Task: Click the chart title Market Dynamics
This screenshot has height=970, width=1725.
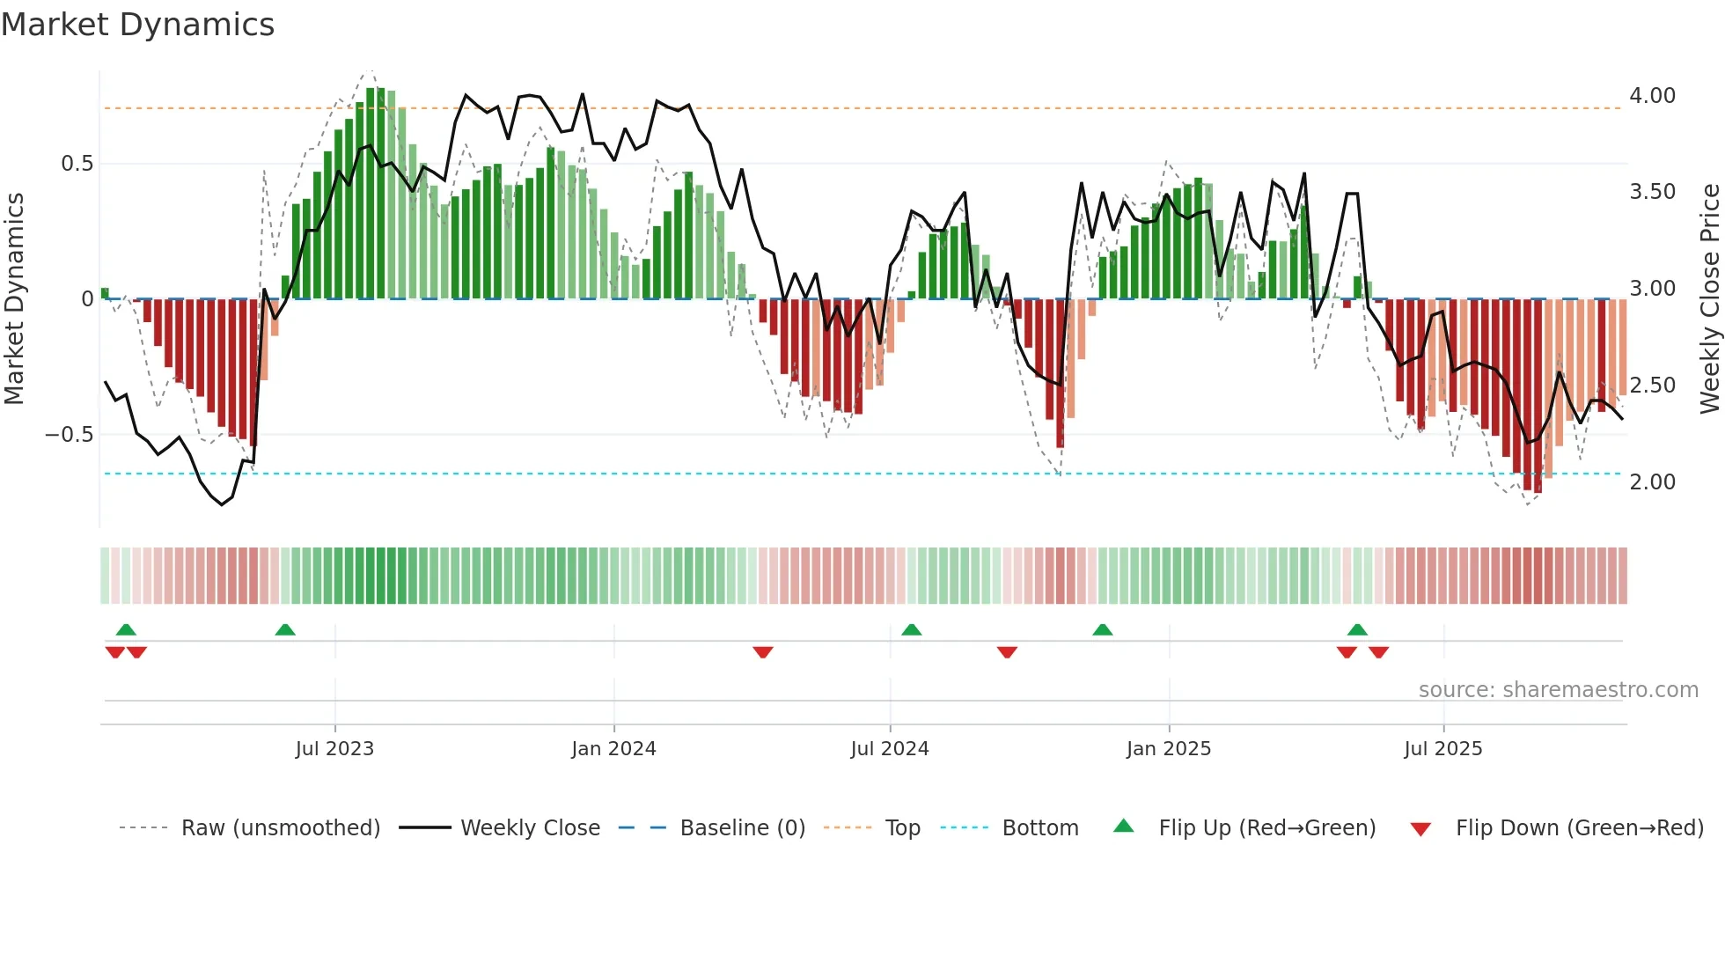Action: click(x=137, y=25)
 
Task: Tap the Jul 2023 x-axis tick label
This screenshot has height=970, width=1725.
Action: click(x=334, y=749)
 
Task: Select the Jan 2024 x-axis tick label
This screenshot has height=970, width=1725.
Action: click(x=613, y=749)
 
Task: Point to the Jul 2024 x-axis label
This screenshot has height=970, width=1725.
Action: click(x=890, y=749)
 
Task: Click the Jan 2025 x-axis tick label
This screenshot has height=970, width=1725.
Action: click(x=1169, y=749)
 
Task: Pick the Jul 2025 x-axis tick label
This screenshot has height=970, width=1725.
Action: click(x=1443, y=749)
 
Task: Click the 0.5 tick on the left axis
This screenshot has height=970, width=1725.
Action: click(x=77, y=164)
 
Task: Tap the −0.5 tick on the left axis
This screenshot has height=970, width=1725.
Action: click(x=69, y=435)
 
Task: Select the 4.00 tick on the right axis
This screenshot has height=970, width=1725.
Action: click(x=1652, y=96)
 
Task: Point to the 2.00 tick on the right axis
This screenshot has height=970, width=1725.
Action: click(x=1652, y=482)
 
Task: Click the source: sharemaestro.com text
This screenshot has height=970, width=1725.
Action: click(x=1558, y=690)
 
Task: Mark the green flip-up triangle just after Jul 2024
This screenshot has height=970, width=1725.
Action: click(x=912, y=630)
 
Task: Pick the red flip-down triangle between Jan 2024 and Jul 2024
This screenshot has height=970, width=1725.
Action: click(x=763, y=652)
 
